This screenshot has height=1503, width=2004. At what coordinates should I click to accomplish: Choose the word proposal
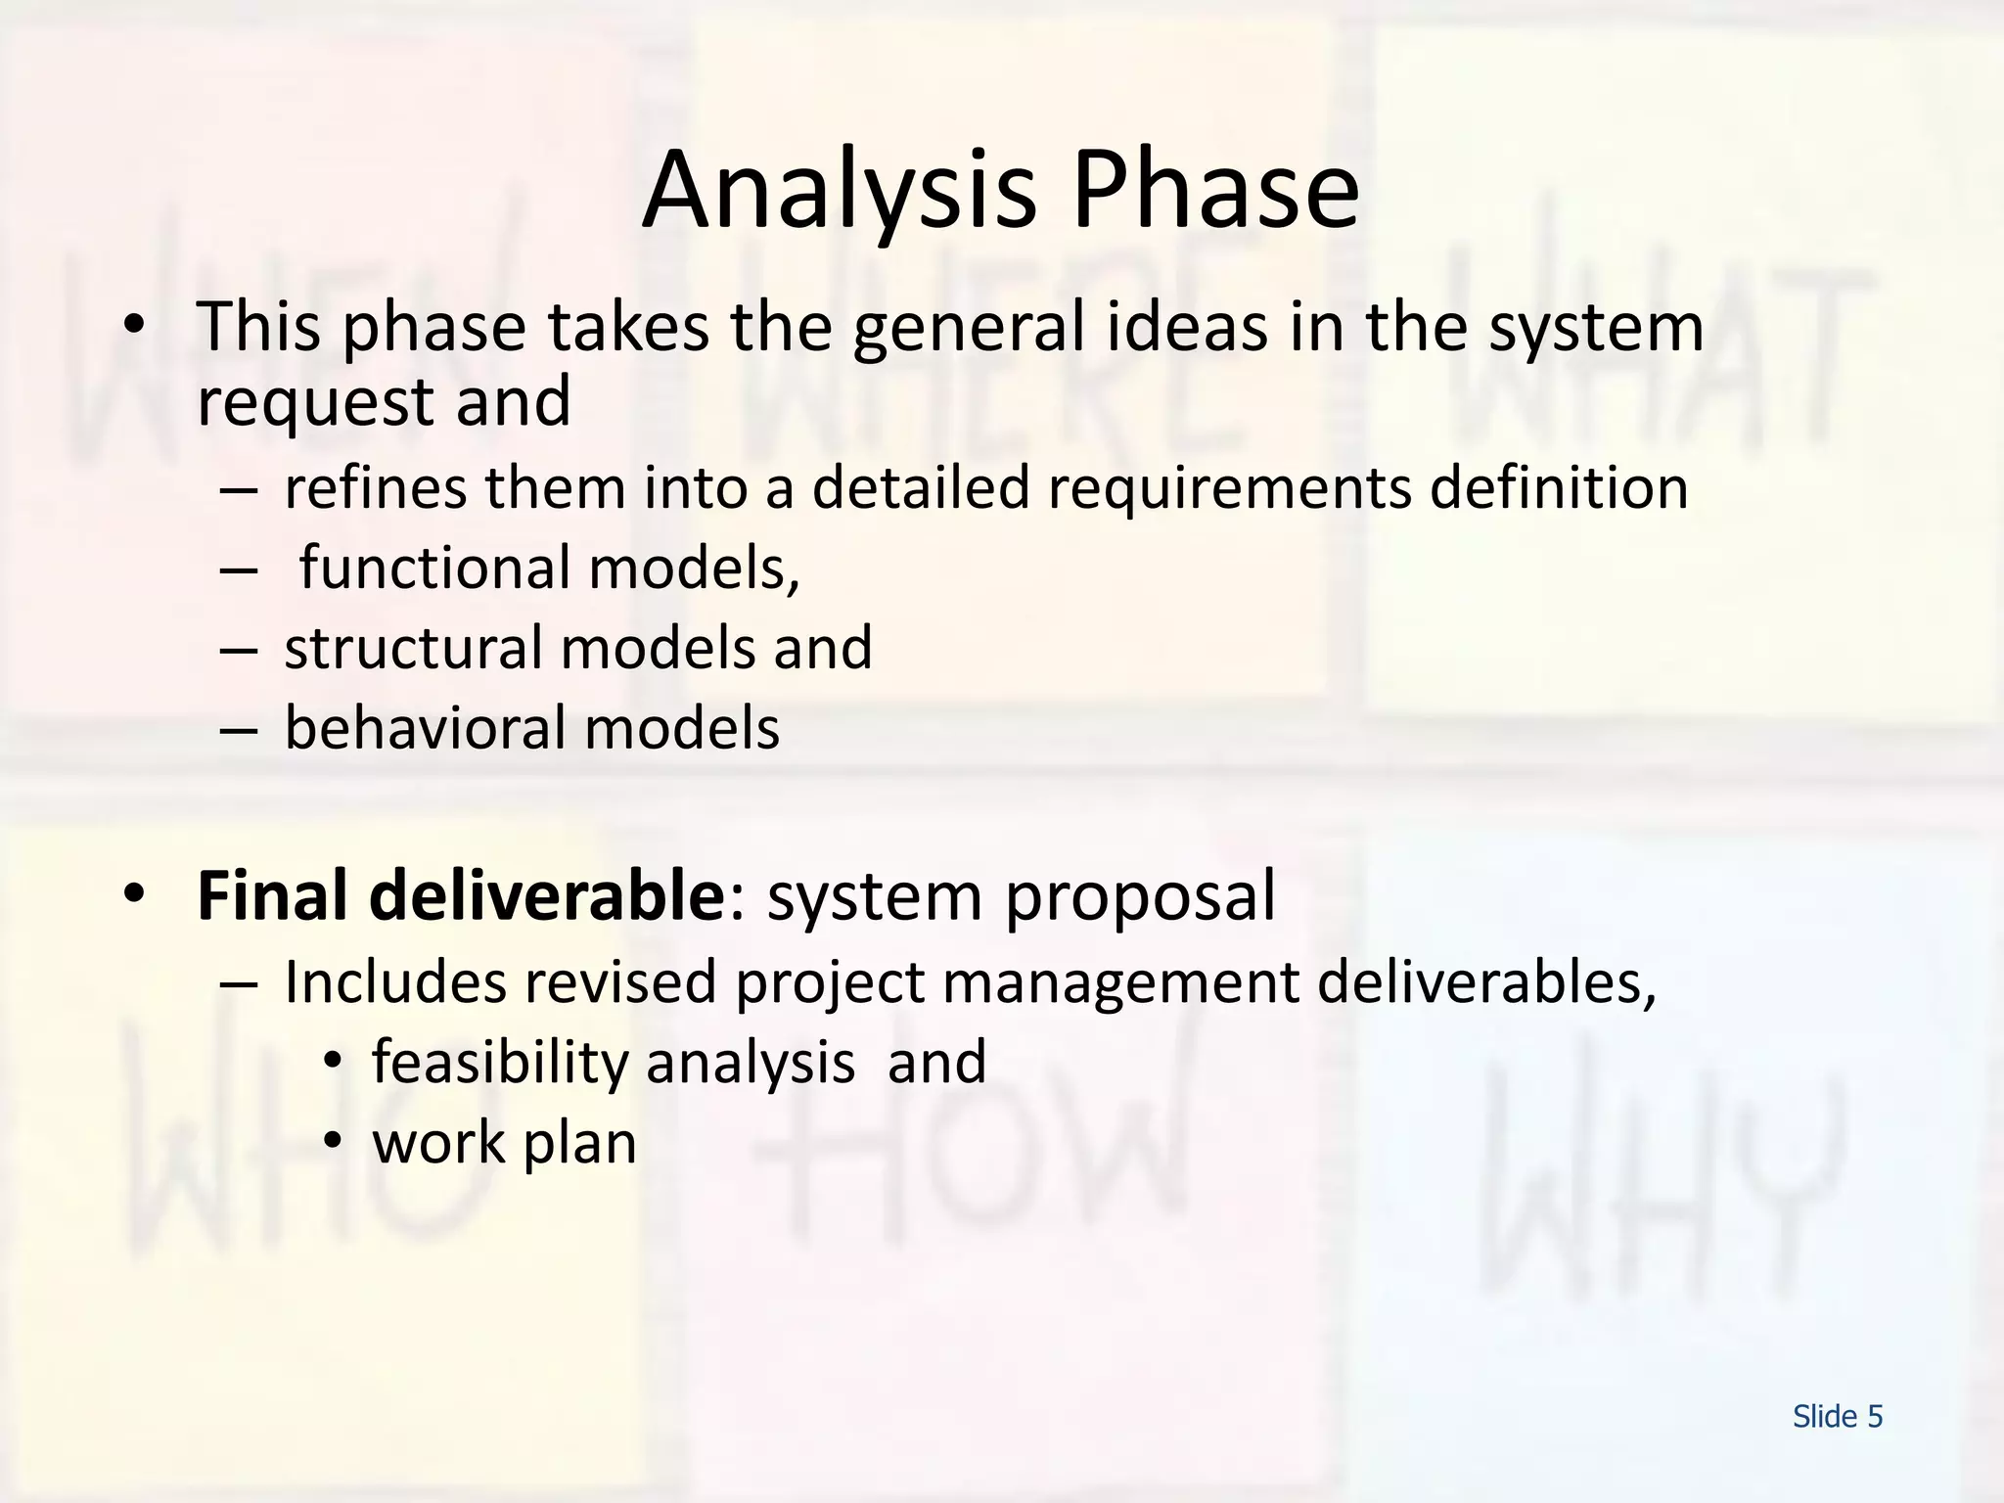point(1140,898)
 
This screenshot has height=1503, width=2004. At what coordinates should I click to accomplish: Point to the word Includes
point(394,981)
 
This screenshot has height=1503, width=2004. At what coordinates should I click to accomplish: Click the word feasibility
point(500,1064)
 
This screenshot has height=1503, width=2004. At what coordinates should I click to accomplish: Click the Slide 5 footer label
point(1837,1417)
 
